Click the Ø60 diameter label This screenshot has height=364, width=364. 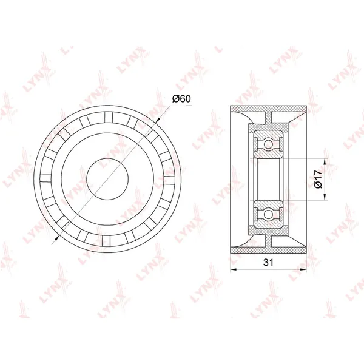(x=181, y=99)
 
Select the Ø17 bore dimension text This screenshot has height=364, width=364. (x=318, y=179)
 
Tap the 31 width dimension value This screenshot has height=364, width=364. (x=268, y=262)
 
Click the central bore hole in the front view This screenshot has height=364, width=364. (x=107, y=178)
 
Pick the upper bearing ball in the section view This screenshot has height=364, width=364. (x=268, y=144)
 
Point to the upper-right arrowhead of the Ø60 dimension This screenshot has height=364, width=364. (x=158, y=120)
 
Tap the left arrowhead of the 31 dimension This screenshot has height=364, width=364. (x=233, y=269)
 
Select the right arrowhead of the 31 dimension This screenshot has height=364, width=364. (x=303, y=269)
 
